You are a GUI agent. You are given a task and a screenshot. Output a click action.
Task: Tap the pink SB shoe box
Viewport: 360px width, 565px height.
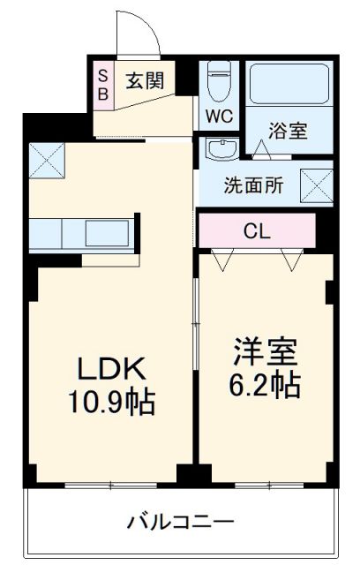click(x=101, y=82)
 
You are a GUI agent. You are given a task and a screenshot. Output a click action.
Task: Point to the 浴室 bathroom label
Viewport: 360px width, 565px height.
click(x=289, y=131)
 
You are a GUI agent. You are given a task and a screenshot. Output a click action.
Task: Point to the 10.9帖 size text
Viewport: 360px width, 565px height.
click(x=113, y=403)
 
